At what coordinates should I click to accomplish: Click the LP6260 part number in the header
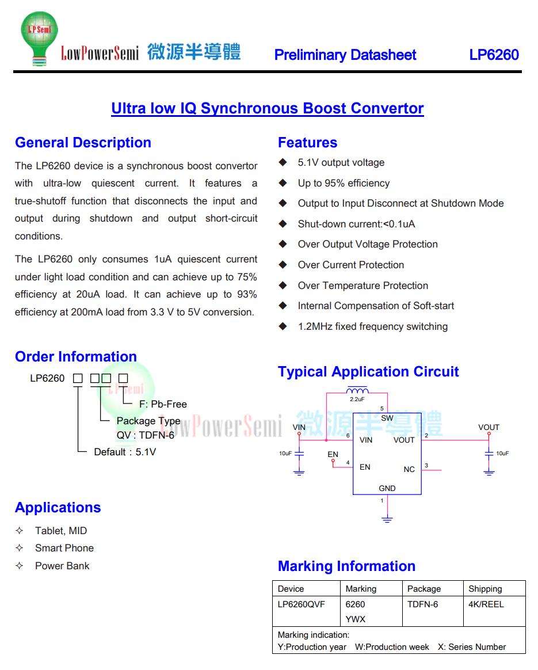494,55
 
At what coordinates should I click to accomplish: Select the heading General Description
83,143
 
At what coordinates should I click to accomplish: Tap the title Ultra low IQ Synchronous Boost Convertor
268,108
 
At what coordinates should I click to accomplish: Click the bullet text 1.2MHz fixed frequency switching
372,326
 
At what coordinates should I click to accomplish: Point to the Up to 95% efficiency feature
344,183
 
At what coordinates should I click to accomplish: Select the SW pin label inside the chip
387,418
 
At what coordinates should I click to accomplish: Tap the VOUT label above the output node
489,427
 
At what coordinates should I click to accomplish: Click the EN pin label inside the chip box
365,467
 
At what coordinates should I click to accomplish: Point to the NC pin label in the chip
409,469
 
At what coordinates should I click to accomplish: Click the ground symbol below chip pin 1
387,519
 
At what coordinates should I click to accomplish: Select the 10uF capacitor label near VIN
285,454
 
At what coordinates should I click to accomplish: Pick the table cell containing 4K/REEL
486,604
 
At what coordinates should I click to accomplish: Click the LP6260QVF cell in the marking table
301,604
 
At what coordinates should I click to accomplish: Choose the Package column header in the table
424,589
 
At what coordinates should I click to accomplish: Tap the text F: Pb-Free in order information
163,404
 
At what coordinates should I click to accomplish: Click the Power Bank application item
62,566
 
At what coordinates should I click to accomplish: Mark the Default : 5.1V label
125,452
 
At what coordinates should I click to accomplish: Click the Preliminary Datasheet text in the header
345,55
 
